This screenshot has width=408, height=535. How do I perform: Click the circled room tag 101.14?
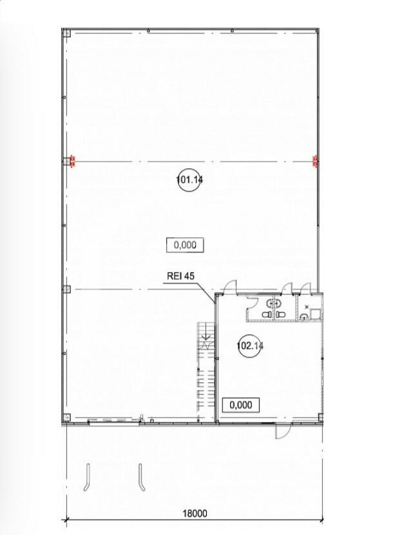[x=189, y=179]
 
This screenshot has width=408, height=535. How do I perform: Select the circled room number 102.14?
[x=250, y=346]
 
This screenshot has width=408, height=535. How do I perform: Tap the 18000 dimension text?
[x=195, y=513]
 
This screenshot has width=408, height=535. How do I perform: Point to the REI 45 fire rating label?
[x=180, y=276]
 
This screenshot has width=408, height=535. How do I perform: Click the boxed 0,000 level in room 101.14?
[x=185, y=245]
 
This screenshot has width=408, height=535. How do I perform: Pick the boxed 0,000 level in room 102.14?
[x=241, y=405]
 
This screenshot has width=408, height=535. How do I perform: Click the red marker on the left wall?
[x=72, y=161]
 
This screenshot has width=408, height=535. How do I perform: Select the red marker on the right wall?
[x=315, y=161]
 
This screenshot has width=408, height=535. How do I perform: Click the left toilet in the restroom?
[x=267, y=314]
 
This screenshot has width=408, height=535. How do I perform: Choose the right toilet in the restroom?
[x=280, y=314]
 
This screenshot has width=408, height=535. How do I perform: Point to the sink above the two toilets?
[x=273, y=303]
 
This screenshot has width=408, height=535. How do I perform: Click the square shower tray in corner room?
[x=315, y=313]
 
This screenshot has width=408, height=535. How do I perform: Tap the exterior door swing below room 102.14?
[x=282, y=431]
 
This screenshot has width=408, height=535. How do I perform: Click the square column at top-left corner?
[x=66, y=33]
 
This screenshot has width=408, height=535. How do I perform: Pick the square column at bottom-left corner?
[x=66, y=418]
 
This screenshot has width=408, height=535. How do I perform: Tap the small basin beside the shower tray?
[x=304, y=317]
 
